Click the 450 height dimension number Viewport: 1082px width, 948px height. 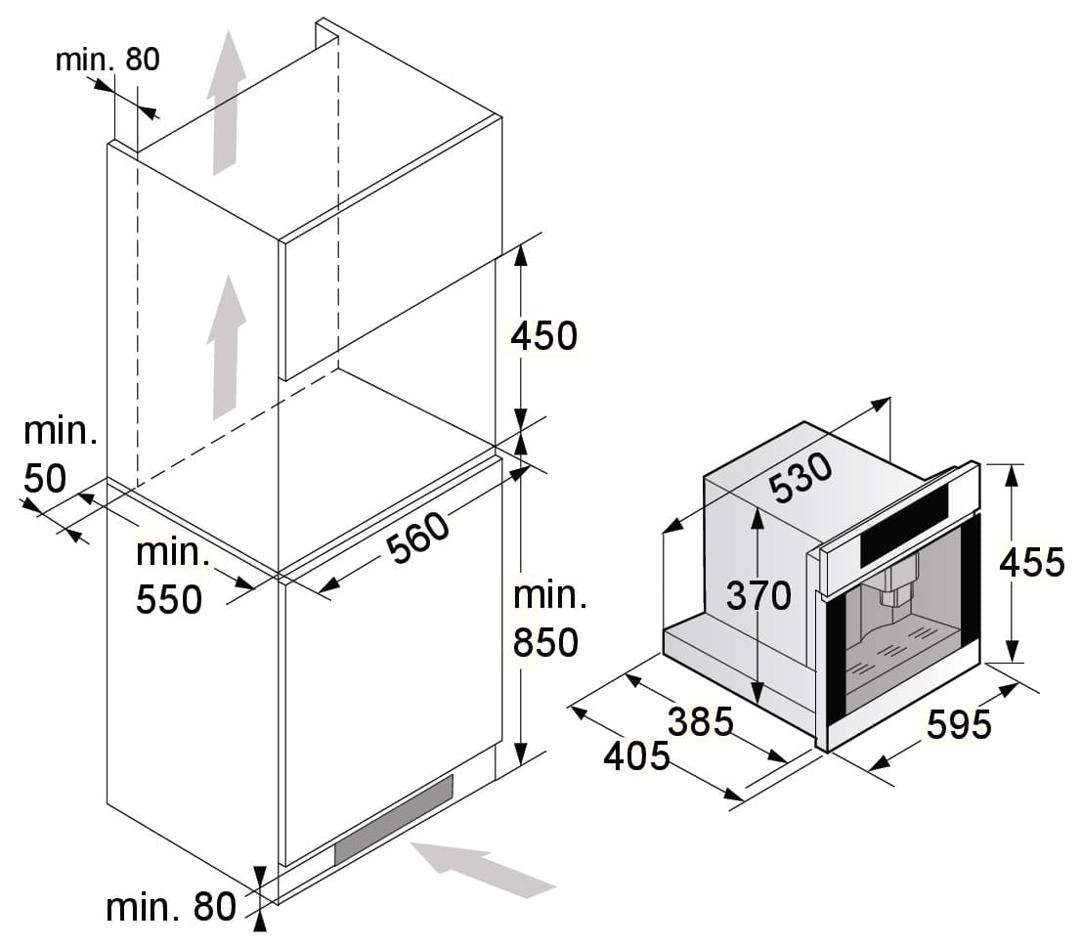coord(544,335)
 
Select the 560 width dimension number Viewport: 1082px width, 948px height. coord(419,539)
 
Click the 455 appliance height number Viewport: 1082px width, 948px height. coord(1032,562)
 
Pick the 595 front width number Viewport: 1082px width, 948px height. coord(959,724)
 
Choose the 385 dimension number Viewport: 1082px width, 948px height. coord(701,721)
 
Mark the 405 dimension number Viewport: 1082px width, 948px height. coord(636,755)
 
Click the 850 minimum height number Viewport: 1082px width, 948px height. coord(546,642)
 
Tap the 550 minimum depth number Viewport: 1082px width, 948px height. coord(169,598)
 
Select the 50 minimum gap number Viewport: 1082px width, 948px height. coord(44,478)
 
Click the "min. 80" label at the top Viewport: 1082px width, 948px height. coord(108,60)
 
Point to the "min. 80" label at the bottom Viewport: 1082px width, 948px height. coord(171,907)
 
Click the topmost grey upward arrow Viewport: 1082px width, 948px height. coord(226,102)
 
